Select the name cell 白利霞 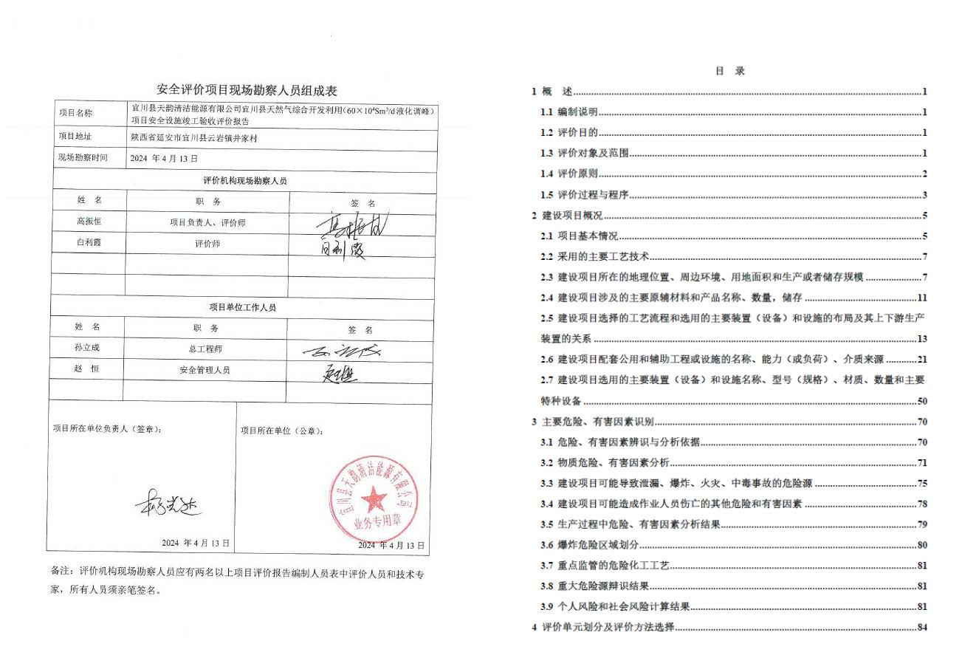coord(89,243)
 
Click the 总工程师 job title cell coord(205,349)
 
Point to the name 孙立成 coord(86,348)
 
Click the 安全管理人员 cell coord(205,369)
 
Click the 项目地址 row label coord(75,137)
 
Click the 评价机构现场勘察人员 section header coord(244,180)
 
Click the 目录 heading coord(729,72)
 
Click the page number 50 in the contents coord(921,402)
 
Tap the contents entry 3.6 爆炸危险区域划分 coord(588,546)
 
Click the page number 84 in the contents coord(921,628)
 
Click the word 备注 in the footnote coord(60,572)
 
